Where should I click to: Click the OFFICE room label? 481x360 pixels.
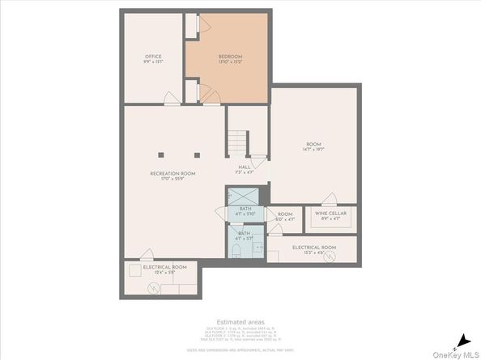point(153,57)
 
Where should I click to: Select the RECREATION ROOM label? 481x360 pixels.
point(173,174)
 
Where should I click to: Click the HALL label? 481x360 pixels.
point(245,168)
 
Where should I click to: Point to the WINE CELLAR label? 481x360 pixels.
point(331,214)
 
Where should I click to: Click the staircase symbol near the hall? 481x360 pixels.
point(235,143)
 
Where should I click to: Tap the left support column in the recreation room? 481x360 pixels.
point(162,154)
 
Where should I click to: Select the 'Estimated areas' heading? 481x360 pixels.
point(240,321)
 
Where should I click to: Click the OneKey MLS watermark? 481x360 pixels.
point(456,354)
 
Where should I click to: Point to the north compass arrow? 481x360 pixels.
point(462,340)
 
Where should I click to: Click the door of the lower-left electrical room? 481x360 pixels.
point(143,254)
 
